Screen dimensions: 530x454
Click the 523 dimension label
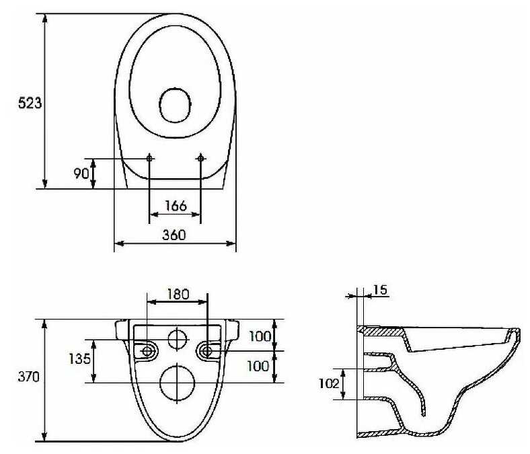click(x=30, y=103)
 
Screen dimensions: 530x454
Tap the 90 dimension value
click(x=81, y=174)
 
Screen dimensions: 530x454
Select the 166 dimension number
click(x=176, y=206)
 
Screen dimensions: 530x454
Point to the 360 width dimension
click(x=174, y=235)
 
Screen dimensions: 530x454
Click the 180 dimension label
click(x=178, y=295)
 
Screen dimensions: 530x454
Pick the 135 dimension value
click(x=80, y=358)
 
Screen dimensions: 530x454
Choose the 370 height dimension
click(x=29, y=377)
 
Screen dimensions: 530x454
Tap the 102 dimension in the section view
click(x=329, y=383)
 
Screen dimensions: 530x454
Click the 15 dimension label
click(x=380, y=290)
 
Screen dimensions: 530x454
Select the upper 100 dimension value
click(x=260, y=336)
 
